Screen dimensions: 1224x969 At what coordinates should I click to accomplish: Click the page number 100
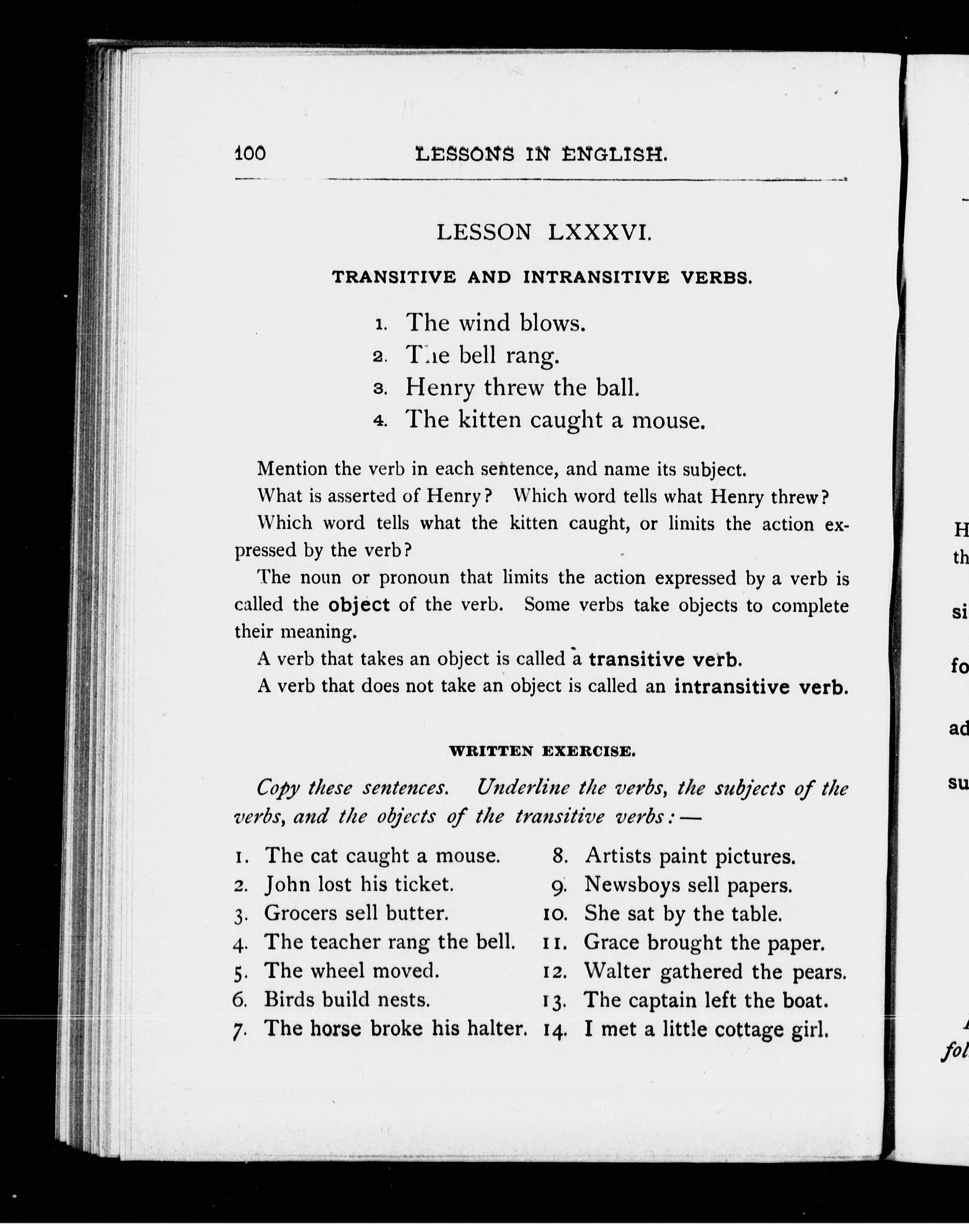coord(250,153)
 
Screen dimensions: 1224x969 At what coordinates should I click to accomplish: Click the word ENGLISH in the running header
coord(614,155)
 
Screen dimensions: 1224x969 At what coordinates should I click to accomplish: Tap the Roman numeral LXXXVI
coord(599,233)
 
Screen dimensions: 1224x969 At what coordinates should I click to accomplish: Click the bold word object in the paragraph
coord(359,605)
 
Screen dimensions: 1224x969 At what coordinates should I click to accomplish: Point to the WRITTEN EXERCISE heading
coord(542,752)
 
